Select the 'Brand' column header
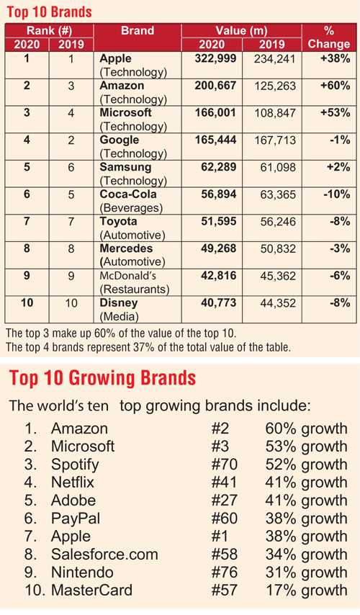pyautogui.click(x=137, y=31)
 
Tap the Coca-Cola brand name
pyautogui.click(x=127, y=194)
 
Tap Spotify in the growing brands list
pyautogui.click(x=75, y=464)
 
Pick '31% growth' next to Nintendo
pyautogui.click(x=306, y=573)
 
